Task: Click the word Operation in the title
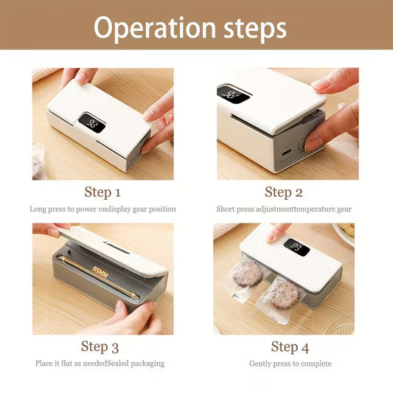click(155, 28)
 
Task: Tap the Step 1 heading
click(102, 192)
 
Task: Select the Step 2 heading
click(284, 192)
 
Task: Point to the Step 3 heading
click(100, 347)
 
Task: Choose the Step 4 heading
click(290, 347)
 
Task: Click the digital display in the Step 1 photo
click(91, 123)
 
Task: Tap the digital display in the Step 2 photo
click(234, 94)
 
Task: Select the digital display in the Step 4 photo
click(297, 248)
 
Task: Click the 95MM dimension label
click(100, 272)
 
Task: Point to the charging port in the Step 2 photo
click(287, 152)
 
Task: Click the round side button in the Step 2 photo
click(302, 144)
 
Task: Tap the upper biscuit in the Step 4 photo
click(247, 274)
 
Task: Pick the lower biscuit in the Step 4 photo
click(285, 295)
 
